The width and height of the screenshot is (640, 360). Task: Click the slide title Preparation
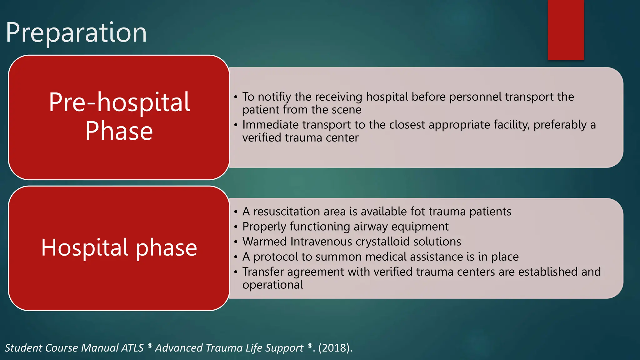click(x=76, y=32)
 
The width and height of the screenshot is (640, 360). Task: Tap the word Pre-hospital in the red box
click(x=119, y=102)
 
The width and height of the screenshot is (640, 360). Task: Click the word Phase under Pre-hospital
click(x=119, y=131)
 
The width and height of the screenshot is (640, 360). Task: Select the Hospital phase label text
click(x=119, y=247)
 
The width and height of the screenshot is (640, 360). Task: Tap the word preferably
click(x=560, y=125)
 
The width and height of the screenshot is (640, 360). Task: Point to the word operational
click(x=272, y=285)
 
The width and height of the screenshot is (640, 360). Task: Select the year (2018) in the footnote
click(x=334, y=348)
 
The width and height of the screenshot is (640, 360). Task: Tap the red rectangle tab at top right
click(x=566, y=30)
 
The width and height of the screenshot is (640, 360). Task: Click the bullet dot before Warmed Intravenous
click(x=236, y=242)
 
